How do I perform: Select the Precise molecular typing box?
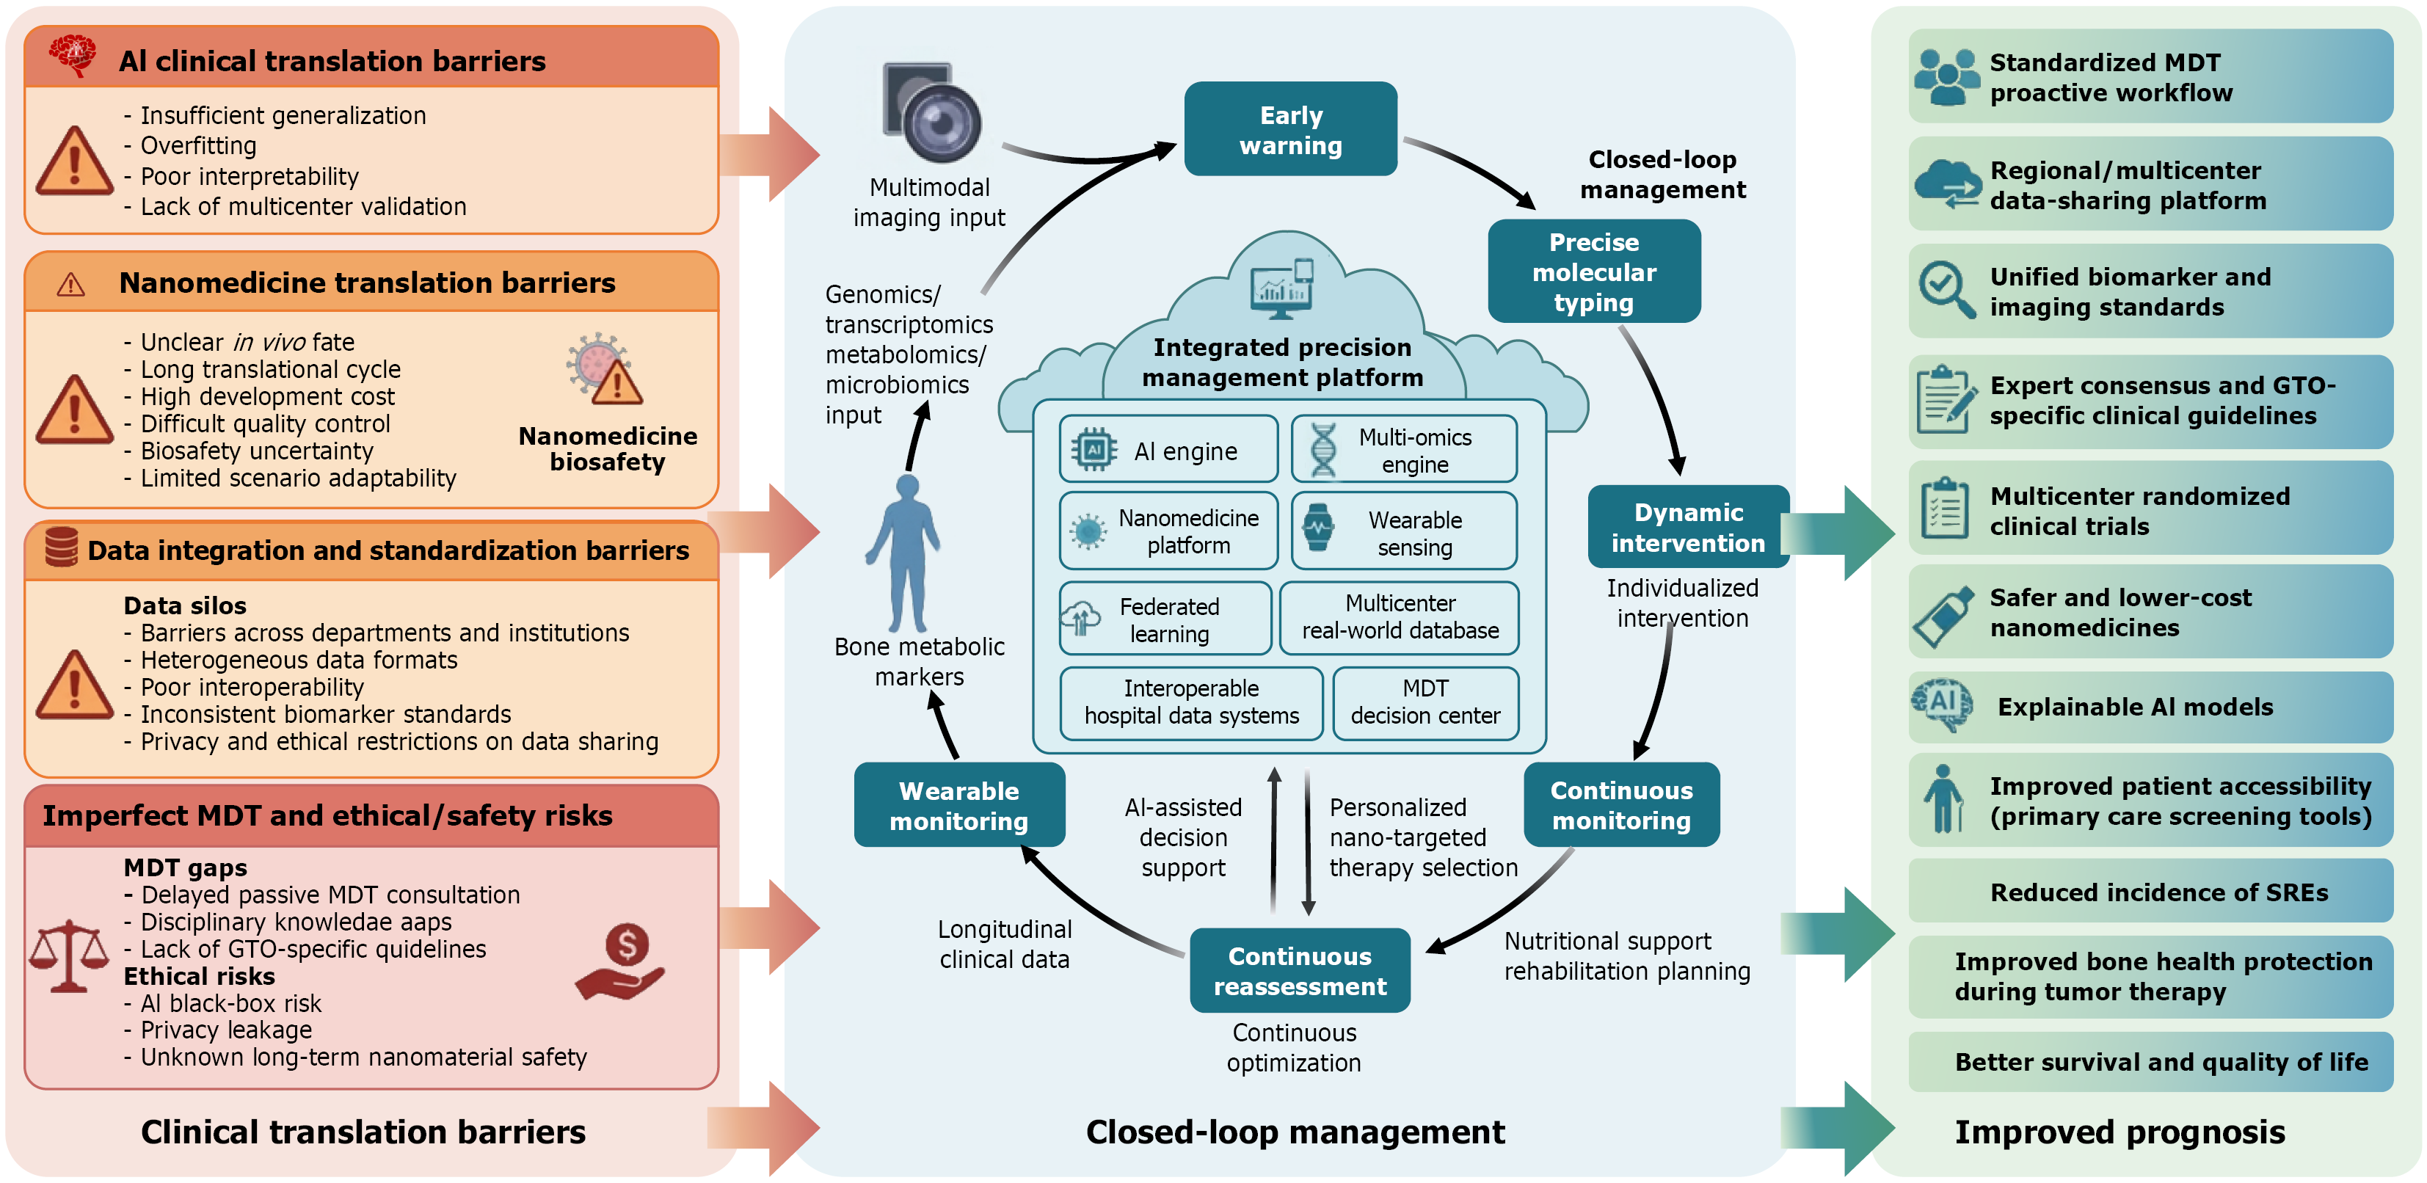1593,272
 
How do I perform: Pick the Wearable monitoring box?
959,804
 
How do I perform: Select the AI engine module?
1168,449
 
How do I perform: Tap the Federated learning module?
1165,619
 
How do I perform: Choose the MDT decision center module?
1425,702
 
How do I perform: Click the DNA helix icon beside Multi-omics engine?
1322,450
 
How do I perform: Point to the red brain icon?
73,54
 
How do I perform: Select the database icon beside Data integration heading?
61,547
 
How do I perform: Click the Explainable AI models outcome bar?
2150,707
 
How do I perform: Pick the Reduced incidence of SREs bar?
2150,891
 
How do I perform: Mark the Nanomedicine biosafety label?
608,448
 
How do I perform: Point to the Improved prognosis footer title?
2119,1131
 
